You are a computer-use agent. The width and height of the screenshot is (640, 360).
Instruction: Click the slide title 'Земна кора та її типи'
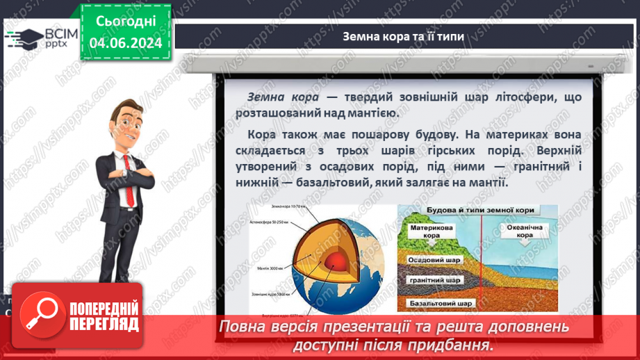pos(403,36)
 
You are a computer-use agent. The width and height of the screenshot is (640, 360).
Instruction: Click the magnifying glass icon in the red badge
pos(40,316)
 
